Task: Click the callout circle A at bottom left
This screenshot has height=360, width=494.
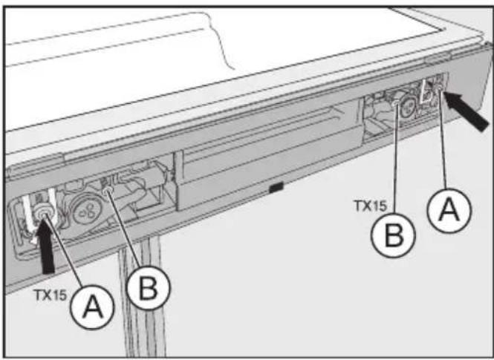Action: pyautogui.click(x=91, y=307)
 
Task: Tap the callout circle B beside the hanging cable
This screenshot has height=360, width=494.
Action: pyautogui.click(x=149, y=288)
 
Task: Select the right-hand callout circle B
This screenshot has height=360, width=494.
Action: pyautogui.click(x=393, y=236)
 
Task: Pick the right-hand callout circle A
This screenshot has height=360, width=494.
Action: pyautogui.click(x=449, y=210)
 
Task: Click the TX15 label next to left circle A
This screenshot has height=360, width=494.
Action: pyautogui.click(x=51, y=295)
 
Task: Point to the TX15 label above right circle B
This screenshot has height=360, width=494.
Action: pyautogui.click(x=371, y=206)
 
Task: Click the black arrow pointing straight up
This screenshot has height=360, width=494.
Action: pyautogui.click(x=46, y=247)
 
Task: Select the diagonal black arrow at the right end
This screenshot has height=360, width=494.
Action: pyautogui.click(x=466, y=110)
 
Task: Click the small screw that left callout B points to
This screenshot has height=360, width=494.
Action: pyautogui.click(x=108, y=189)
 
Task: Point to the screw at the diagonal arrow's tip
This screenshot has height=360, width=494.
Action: pyautogui.click(x=440, y=90)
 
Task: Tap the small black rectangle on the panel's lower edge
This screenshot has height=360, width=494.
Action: pyautogui.click(x=276, y=187)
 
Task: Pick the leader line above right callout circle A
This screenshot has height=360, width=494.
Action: pyautogui.click(x=443, y=140)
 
